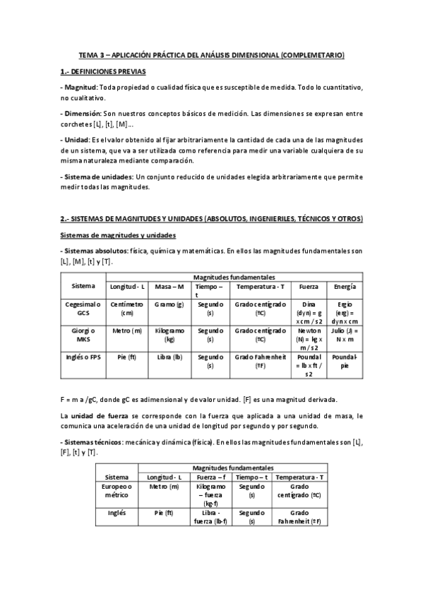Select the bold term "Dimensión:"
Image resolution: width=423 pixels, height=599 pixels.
click(x=81, y=112)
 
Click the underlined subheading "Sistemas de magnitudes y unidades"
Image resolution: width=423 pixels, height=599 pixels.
click(x=117, y=235)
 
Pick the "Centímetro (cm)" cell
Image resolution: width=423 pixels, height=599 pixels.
click(x=127, y=308)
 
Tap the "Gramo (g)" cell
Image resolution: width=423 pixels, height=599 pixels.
click(x=170, y=304)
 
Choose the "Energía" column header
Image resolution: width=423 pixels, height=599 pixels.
click(x=344, y=287)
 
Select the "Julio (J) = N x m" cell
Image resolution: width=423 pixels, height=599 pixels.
click(x=344, y=335)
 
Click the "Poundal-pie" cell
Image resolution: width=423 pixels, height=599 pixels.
click(x=344, y=361)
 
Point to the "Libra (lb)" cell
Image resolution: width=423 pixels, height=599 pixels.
click(x=170, y=357)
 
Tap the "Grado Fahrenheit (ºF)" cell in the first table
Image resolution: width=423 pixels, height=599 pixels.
click(x=261, y=361)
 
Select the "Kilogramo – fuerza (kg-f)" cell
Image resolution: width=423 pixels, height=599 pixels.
click(x=210, y=495)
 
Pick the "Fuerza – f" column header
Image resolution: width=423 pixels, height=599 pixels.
click(x=210, y=477)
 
